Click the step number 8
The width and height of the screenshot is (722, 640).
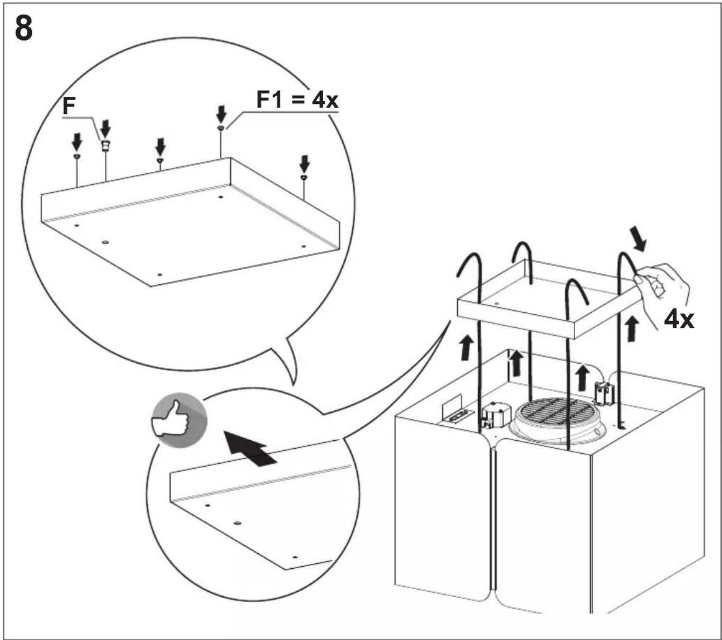[24, 28]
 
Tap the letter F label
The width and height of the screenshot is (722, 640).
[69, 106]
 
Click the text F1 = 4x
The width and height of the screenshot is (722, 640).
[297, 100]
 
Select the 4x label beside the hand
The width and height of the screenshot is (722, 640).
[679, 320]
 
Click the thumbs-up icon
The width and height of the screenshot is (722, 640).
[179, 420]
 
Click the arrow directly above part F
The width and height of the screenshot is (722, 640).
[106, 129]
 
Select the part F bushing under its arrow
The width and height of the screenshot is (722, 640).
[106, 145]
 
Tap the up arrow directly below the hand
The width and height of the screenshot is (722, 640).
[632, 328]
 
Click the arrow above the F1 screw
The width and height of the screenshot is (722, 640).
[221, 114]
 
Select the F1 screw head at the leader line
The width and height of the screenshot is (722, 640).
[221, 127]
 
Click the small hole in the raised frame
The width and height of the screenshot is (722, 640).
[496, 304]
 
